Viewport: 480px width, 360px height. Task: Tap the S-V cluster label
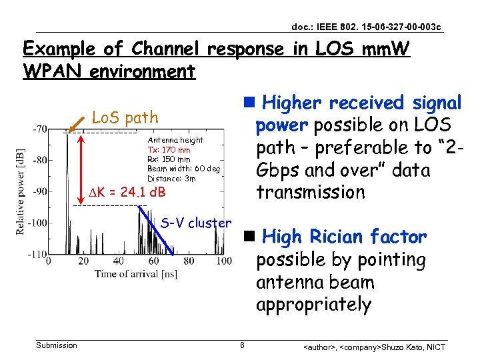196,223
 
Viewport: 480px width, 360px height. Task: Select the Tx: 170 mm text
169,150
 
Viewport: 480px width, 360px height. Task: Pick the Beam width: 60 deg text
183,169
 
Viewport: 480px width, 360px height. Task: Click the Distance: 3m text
171,178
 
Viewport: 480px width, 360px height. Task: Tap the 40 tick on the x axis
118,261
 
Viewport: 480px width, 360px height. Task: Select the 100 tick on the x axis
224,261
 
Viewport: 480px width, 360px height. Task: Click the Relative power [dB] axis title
22,191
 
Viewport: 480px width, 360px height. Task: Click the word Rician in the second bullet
330,237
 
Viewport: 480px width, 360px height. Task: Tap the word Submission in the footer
56,345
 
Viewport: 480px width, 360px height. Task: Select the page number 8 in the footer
242,345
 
